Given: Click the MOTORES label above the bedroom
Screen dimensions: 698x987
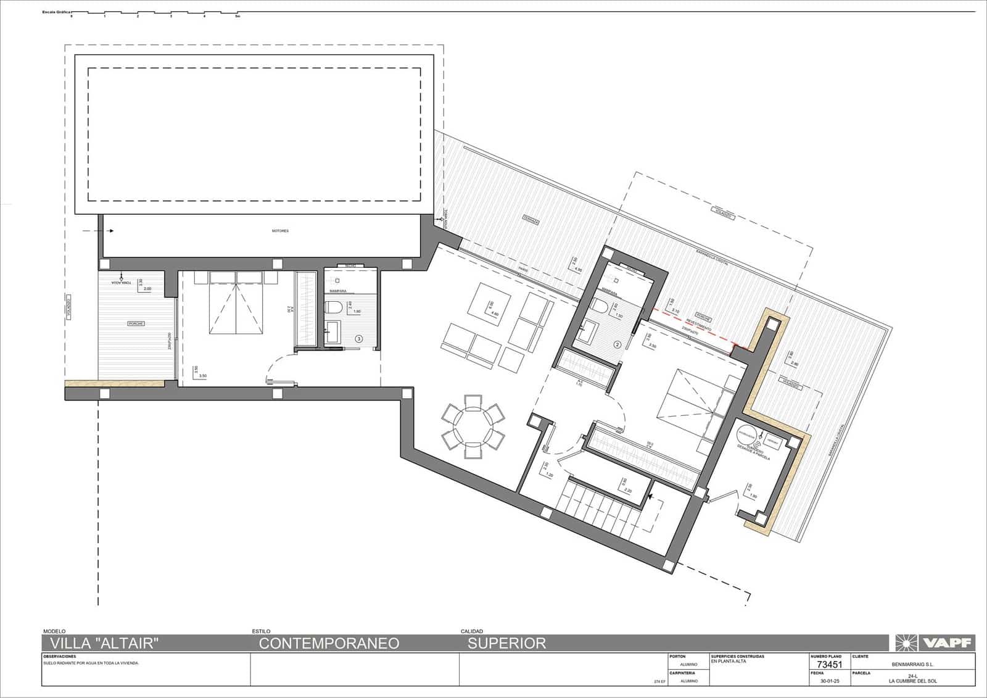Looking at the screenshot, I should coord(280,231).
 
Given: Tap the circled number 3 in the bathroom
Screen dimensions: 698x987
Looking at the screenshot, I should coord(359,339).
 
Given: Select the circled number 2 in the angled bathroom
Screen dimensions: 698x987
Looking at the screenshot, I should coord(616,344).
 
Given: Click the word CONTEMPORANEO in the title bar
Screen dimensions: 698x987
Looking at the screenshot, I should coord(329,643).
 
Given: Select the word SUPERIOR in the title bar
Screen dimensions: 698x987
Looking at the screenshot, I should coord(506,643).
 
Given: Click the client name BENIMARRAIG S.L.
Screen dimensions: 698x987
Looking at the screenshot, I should coord(912,665).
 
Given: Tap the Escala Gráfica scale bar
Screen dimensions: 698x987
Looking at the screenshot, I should coord(154,14).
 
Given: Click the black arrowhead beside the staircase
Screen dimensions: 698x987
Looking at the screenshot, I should coord(650,495).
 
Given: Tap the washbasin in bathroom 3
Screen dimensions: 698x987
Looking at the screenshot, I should coord(333,331).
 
